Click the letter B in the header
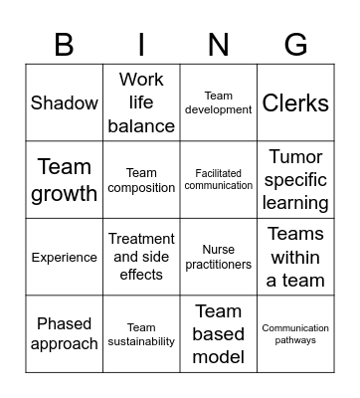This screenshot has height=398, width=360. (64, 44)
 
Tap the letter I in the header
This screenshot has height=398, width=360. (141, 44)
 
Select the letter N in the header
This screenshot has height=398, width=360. (219, 44)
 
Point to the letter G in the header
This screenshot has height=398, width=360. (295, 44)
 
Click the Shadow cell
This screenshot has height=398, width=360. (65, 102)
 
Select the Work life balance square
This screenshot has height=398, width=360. (141, 102)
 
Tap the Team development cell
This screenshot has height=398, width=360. (219, 102)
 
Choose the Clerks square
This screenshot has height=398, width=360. (295, 102)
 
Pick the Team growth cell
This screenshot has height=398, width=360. (65, 180)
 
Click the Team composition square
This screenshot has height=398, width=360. (141, 180)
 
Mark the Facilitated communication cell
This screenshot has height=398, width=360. (219, 180)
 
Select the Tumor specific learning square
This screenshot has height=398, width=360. (295, 180)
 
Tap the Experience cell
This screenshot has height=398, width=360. (65, 257)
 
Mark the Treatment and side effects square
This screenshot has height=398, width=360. (141, 257)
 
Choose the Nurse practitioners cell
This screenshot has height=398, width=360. (219, 257)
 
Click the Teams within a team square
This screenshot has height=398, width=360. (295, 257)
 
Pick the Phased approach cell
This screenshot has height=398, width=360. (65, 333)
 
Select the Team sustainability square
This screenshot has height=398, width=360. (141, 333)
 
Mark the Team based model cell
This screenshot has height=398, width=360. (219, 333)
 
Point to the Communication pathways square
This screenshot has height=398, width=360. (295, 333)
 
